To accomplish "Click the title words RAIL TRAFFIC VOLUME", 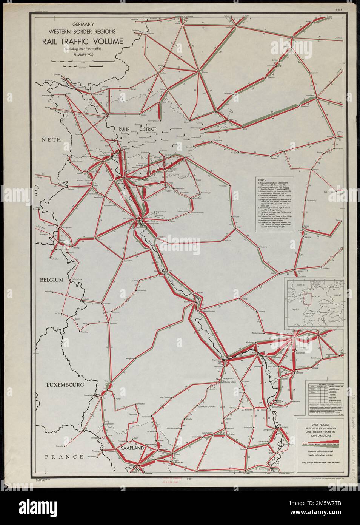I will point(80,41).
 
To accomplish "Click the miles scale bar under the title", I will point(83,61).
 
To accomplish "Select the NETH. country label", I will point(52,140).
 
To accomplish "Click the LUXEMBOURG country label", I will point(64,385).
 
